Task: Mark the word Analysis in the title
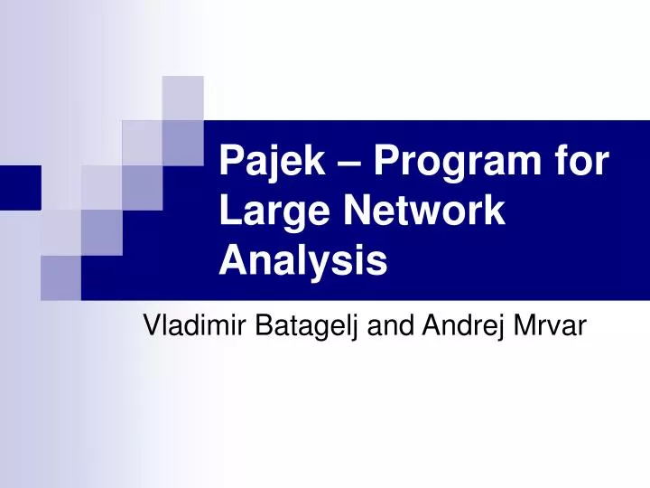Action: point(303,261)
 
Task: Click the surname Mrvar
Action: point(550,325)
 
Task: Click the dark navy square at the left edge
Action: point(20,187)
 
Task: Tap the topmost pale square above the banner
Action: point(182,98)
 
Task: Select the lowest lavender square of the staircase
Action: point(60,277)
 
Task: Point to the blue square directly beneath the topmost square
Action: point(182,142)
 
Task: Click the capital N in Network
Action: point(356,213)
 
